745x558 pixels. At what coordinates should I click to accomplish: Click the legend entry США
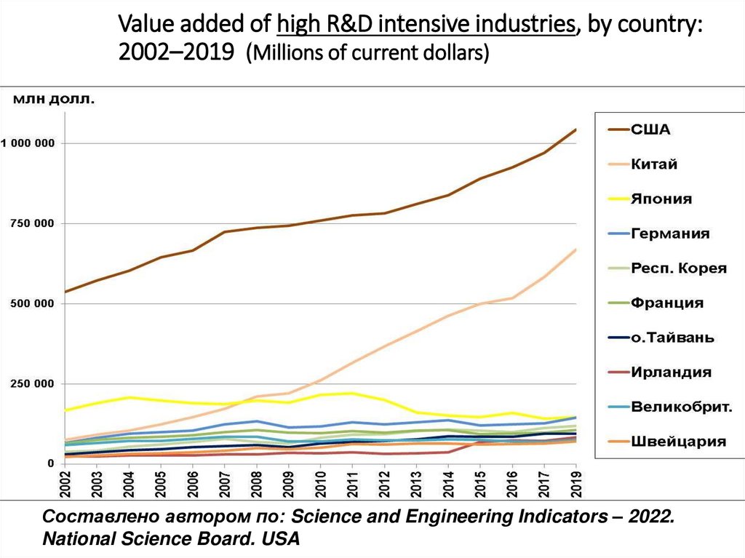[x=650, y=130]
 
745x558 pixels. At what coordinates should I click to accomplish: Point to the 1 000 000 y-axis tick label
[x=28, y=143]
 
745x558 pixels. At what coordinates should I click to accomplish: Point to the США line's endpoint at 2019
[x=575, y=129]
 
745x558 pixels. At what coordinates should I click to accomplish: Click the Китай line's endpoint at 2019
[x=575, y=250]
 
